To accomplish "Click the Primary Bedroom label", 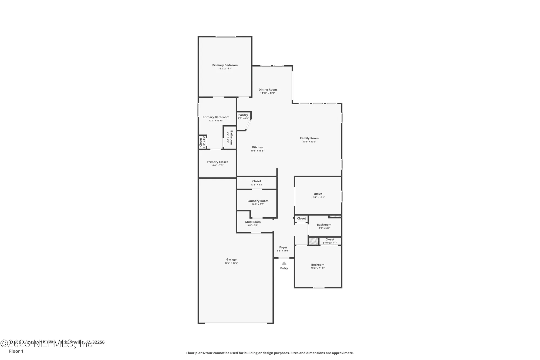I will pos(225,65).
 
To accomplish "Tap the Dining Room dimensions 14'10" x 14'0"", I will pos(268,93).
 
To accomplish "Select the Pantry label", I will pos(243,115).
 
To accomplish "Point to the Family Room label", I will pos(309,138).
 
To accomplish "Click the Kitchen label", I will pos(257,147).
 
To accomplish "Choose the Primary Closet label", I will pos(217,162).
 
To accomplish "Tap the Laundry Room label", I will pos(258,201).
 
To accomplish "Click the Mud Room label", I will pos(253,222).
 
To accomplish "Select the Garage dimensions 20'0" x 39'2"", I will pos(231,263).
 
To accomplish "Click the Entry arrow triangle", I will pos(284,263).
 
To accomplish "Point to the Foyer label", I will pos(283,247).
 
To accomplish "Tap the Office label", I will pos(318,194).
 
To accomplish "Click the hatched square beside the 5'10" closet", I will pos(313,241).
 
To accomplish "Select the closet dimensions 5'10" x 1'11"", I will pos(330,243).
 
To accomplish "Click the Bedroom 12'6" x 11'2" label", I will pos(318,265).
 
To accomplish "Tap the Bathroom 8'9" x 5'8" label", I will pos(324,225).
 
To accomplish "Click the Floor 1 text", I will pos(16,351).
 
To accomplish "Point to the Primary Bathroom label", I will pos(216,117).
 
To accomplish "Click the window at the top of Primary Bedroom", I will pos(225,37).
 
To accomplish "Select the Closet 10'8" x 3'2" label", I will pos(256,181).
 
